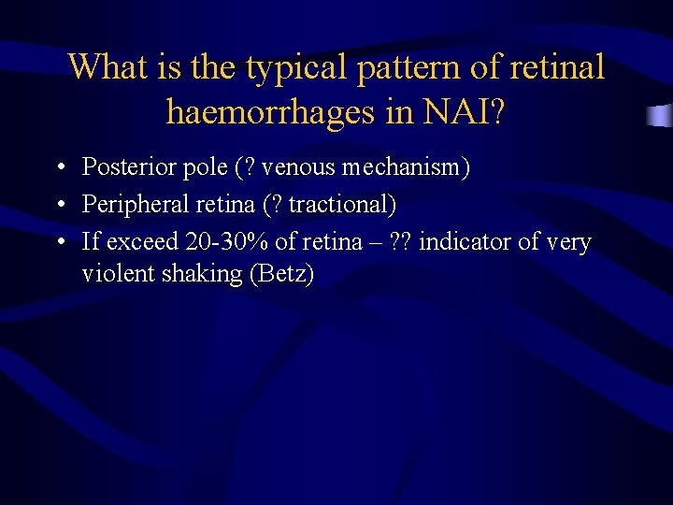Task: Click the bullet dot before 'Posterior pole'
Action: (x=59, y=169)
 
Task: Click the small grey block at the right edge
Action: (x=660, y=115)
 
